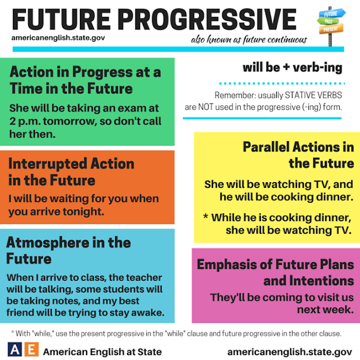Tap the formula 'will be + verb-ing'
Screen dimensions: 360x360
[292, 68]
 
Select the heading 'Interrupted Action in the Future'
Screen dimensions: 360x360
[71, 172]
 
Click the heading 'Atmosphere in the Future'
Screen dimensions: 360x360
[68, 251]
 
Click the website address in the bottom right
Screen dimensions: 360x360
[289, 350]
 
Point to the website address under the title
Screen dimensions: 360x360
[58, 39]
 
